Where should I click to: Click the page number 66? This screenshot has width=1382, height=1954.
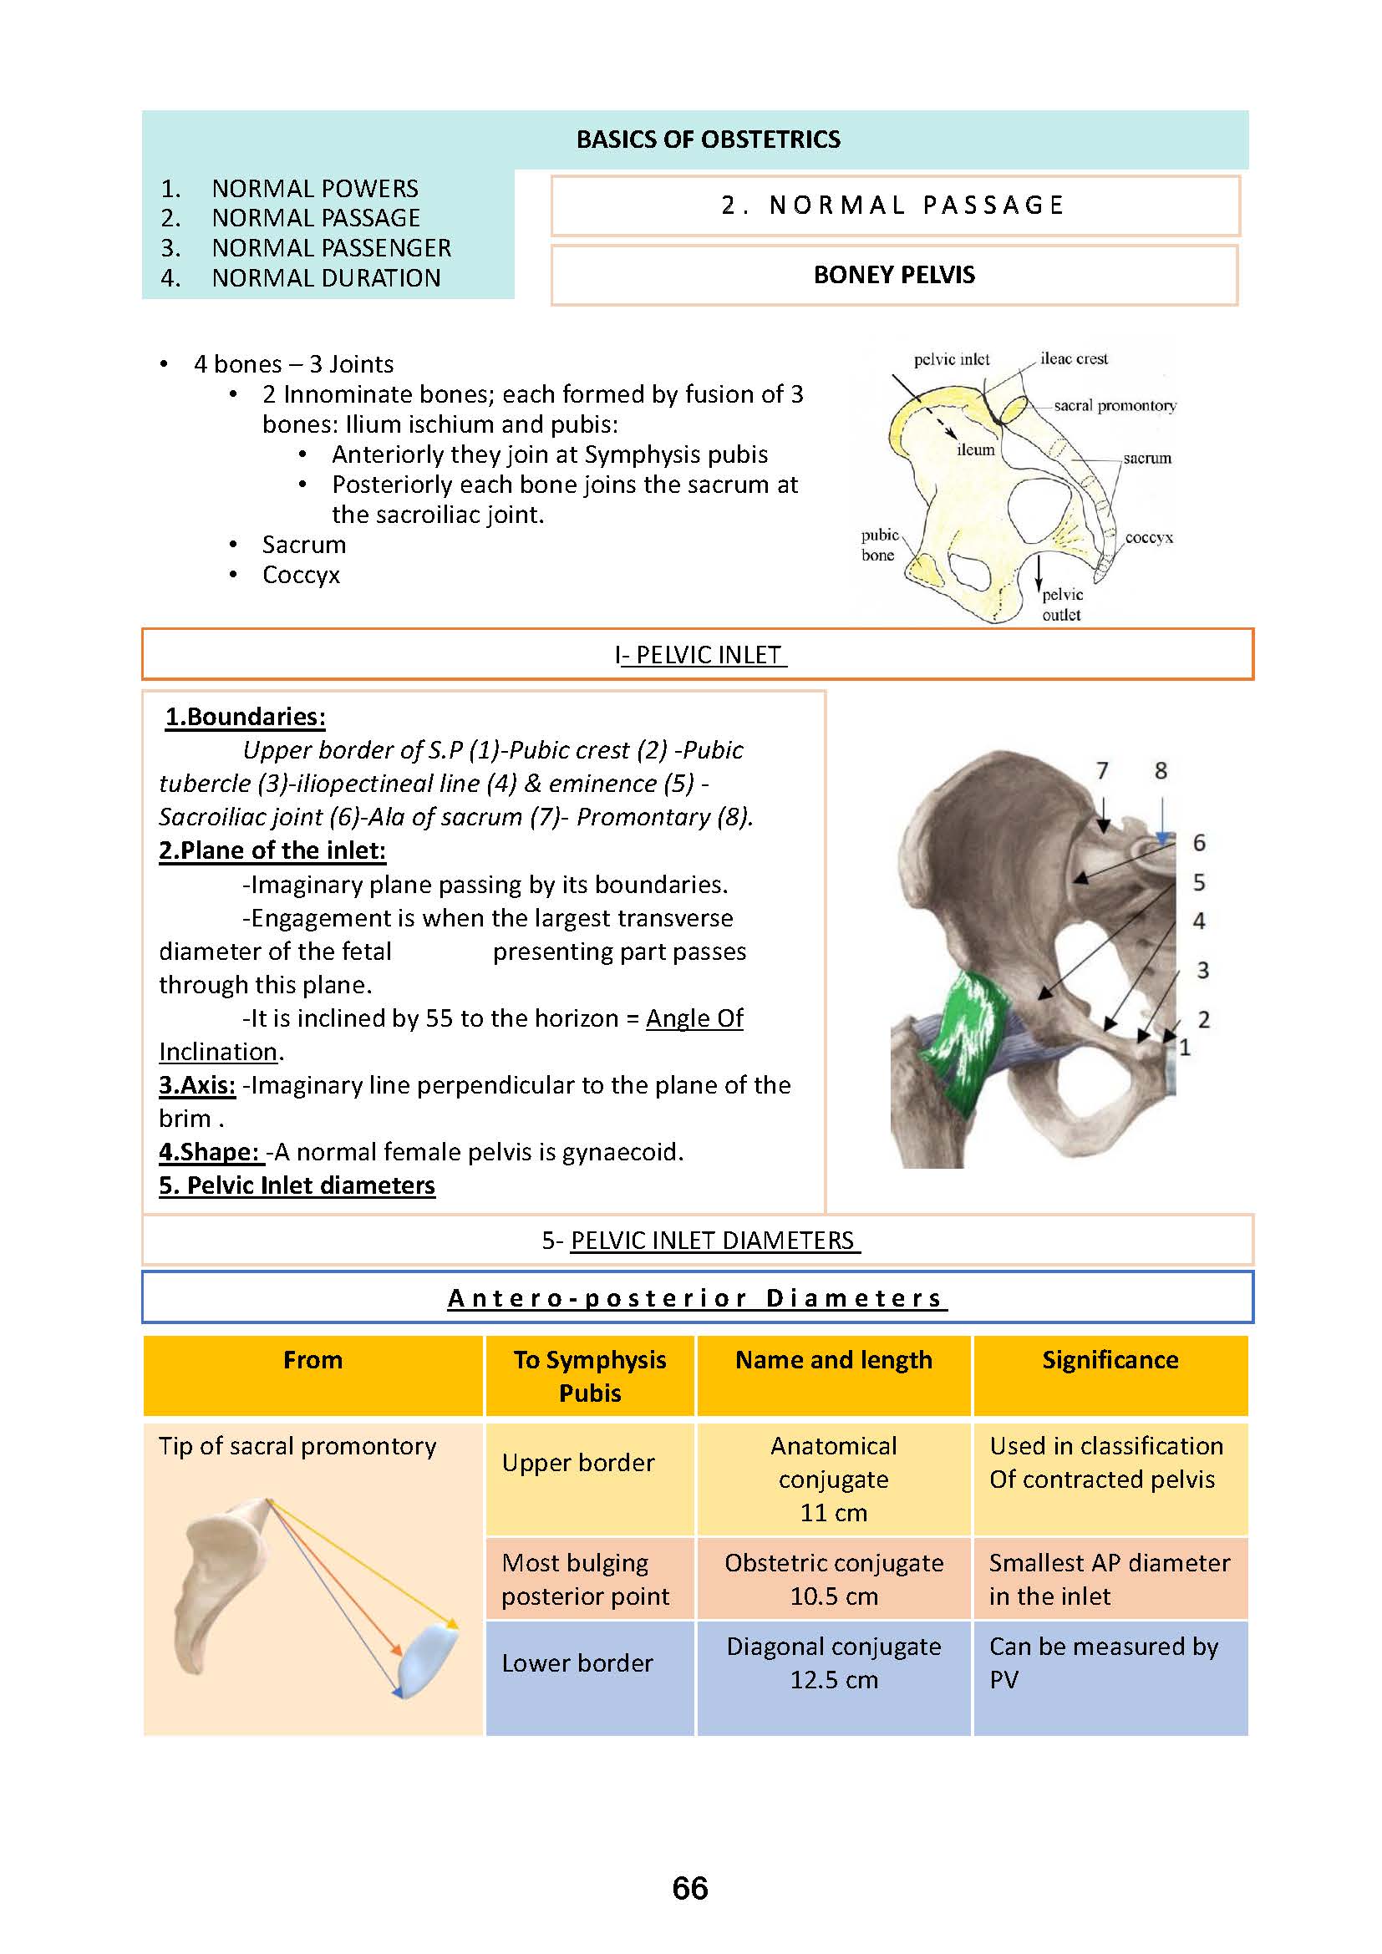[689, 1889]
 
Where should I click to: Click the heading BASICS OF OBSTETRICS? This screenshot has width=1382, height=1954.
[708, 140]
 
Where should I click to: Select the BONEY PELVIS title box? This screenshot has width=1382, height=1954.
[893, 275]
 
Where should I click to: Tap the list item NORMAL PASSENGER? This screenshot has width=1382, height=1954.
[331, 247]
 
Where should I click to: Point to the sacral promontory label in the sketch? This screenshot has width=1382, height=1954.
[1115, 406]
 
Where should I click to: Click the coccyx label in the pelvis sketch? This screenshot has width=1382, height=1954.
[1149, 538]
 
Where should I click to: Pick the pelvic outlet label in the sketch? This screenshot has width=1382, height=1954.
[1062, 604]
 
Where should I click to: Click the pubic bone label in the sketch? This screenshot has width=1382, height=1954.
[879, 545]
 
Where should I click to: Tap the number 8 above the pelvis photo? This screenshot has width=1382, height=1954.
[1161, 771]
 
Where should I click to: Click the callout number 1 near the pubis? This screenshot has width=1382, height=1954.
[1185, 1048]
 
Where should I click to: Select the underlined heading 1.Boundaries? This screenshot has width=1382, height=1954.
[245, 717]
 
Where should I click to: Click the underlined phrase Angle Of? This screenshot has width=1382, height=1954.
[694, 1018]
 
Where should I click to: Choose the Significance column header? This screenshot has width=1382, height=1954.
[1110, 1360]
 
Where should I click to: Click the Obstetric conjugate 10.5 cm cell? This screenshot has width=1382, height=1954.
[833, 1579]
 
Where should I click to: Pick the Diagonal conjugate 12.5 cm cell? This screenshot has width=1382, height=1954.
[833, 1663]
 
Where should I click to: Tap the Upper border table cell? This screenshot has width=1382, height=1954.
[578, 1462]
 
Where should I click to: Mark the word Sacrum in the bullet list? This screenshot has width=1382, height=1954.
[304, 545]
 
